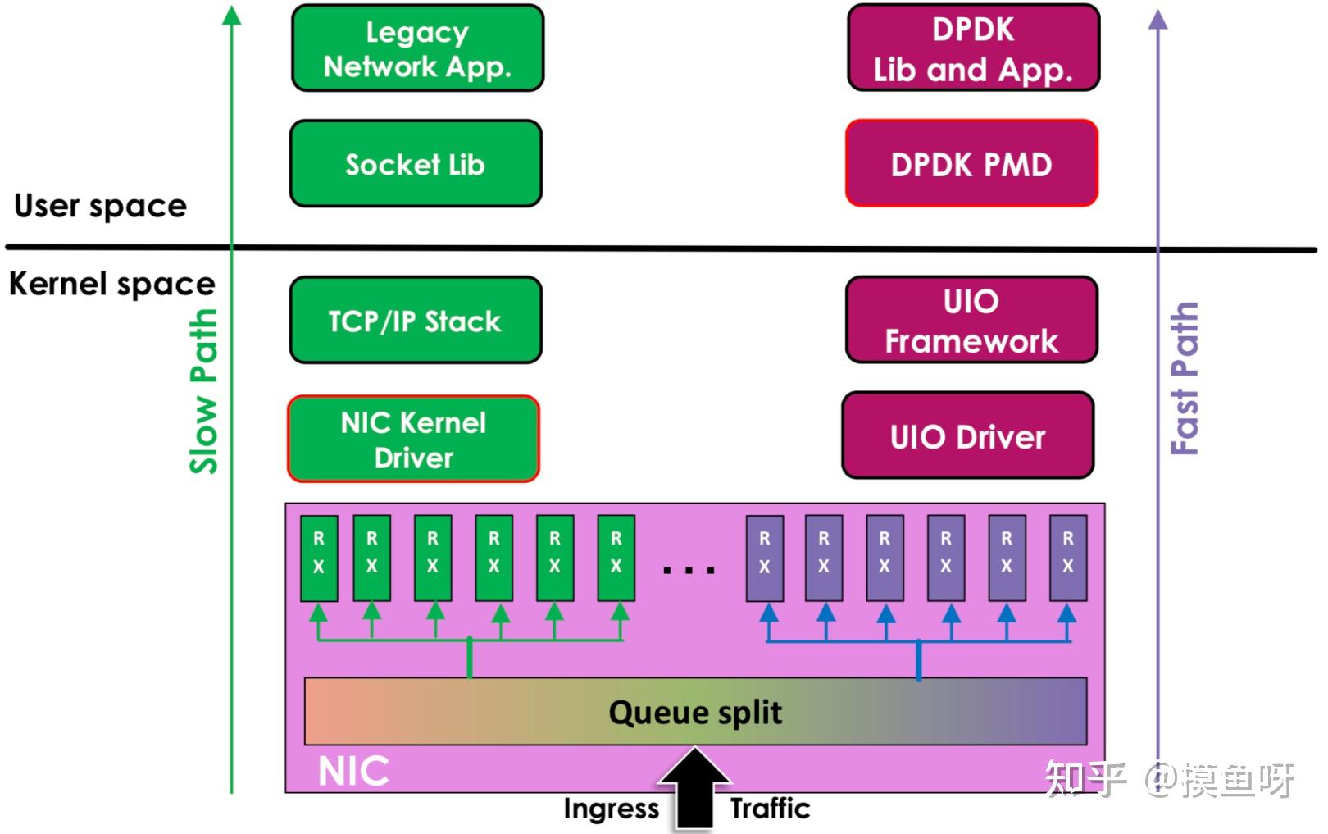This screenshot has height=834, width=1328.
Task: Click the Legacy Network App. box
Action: pos(417,48)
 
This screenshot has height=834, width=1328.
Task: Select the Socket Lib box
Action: pos(416,164)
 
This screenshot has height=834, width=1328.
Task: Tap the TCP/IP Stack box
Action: pos(415,321)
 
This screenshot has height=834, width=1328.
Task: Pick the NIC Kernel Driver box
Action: pos(413,440)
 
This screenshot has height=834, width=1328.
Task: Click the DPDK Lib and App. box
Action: pos(973,48)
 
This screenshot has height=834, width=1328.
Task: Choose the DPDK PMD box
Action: pos(971,164)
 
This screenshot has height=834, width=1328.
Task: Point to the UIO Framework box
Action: pos(971,321)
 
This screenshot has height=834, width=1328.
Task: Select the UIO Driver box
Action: pos(967,436)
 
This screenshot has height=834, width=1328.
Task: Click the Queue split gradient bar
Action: pos(695,712)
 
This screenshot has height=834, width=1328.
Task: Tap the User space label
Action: pos(100,205)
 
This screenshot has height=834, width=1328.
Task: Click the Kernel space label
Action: pos(111,284)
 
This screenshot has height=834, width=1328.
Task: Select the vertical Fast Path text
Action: pos(1185,377)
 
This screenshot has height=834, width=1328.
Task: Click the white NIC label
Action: pos(353,771)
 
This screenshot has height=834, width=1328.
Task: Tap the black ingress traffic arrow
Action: pos(695,791)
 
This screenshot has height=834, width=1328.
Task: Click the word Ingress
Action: pos(611,809)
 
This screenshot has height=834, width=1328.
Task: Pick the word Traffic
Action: pos(770,809)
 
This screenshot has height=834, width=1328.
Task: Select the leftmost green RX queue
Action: pos(319,558)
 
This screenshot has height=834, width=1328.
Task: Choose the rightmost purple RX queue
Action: pos(1067,558)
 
